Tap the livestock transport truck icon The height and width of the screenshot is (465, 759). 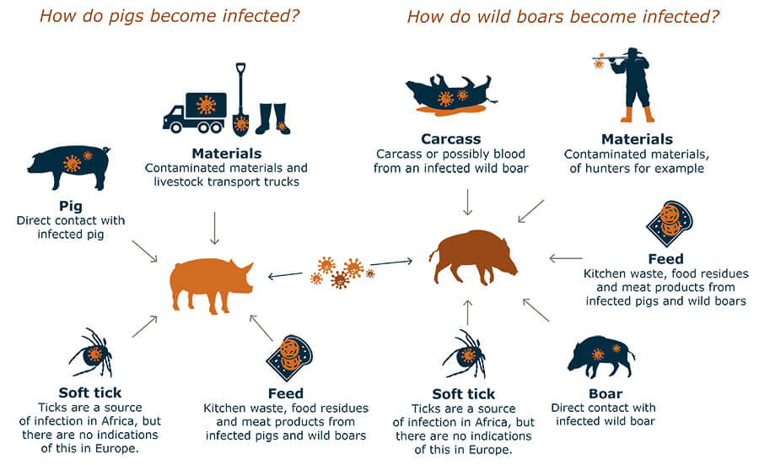[x=195, y=112]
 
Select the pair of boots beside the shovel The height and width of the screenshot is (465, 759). [x=272, y=119]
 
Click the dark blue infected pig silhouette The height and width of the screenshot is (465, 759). [x=69, y=167]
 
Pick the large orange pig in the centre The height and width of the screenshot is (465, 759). [x=211, y=285]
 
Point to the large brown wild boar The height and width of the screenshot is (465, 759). [x=473, y=257]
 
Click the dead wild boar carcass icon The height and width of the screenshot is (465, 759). [x=450, y=95]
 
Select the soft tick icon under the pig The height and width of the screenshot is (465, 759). [x=91, y=353]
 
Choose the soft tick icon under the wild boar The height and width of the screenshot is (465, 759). [x=465, y=354]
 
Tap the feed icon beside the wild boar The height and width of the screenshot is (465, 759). [x=670, y=224]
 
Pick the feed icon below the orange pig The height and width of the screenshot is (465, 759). [x=289, y=359]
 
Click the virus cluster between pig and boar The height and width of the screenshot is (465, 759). [x=342, y=273]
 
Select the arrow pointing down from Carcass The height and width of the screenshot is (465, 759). [x=467, y=202]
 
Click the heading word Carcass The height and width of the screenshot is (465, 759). [x=450, y=139]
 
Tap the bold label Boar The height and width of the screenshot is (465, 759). [x=606, y=393]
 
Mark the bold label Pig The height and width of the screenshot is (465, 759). [x=71, y=207]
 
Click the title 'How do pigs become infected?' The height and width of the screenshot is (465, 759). [x=170, y=16]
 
